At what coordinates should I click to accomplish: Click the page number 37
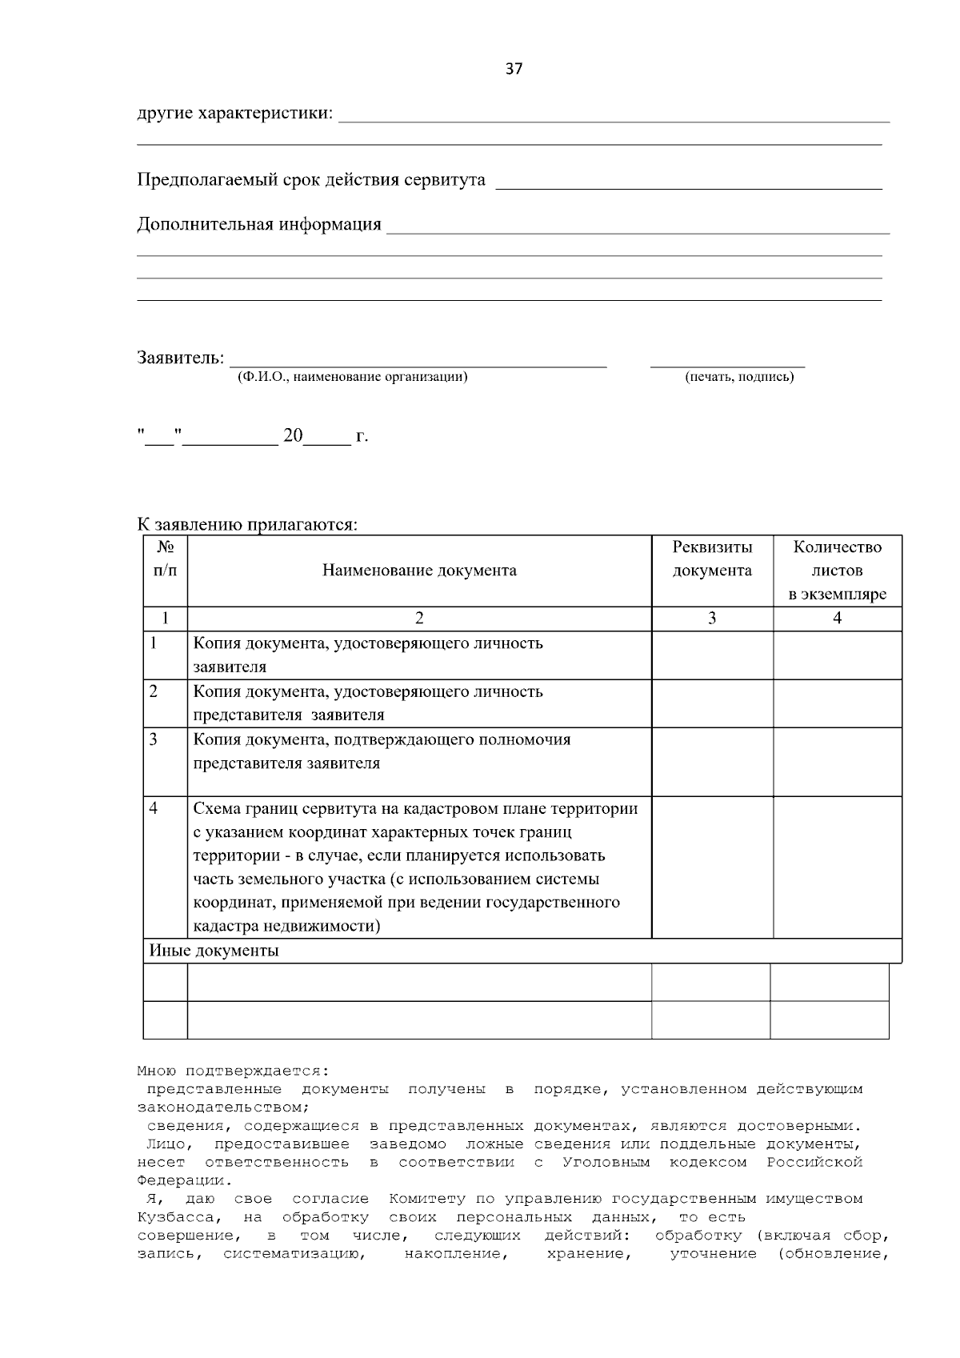click(x=514, y=69)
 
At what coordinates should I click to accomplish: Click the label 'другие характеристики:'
click(x=235, y=113)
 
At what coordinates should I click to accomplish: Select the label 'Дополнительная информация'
click(x=259, y=224)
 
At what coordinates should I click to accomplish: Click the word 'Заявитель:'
click(x=180, y=357)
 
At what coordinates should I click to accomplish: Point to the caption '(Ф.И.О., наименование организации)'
click(x=352, y=377)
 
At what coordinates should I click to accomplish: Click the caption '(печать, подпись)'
click(x=739, y=377)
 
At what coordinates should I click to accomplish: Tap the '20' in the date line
click(x=293, y=436)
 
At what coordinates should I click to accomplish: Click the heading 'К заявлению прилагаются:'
click(x=247, y=525)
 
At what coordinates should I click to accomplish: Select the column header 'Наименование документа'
click(x=419, y=571)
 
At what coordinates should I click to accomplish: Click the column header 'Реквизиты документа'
click(x=712, y=559)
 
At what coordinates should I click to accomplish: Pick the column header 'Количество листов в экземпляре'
click(x=837, y=571)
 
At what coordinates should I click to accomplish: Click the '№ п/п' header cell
click(x=165, y=559)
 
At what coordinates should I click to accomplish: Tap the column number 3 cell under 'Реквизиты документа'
click(x=712, y=619)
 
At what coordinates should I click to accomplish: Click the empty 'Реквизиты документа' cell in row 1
click(x=712, y=655)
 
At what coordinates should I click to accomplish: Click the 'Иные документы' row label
click(x=214, y=951)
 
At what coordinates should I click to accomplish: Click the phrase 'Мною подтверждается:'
click(x=233, y=1071)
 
